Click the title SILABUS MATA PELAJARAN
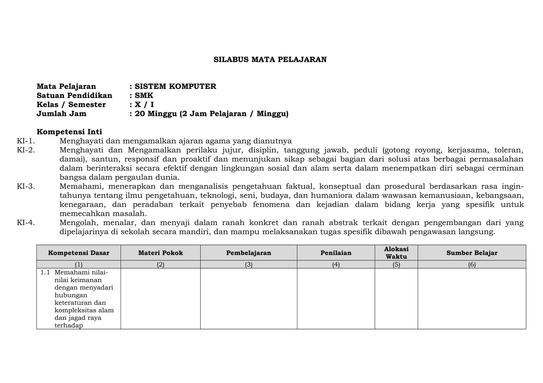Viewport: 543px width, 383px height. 270,60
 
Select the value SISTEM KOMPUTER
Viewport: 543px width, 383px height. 176,87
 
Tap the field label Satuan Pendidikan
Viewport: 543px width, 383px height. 75,96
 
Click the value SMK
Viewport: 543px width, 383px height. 144,96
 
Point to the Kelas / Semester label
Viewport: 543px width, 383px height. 71,105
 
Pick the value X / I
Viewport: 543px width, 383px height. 144,105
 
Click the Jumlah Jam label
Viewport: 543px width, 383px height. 62,114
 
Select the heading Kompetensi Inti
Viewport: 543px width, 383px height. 69,132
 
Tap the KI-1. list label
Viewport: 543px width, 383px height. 26,141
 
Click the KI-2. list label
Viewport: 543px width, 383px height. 26,150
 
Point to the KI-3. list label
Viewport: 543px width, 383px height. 26,186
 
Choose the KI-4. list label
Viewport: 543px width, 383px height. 26,223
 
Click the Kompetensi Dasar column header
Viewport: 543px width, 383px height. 79,253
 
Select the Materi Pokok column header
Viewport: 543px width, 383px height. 160,253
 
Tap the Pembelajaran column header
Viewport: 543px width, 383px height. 249,253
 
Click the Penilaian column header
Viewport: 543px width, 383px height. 336,253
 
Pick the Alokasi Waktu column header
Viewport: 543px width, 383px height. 396,253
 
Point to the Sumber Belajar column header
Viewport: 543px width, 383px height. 472,253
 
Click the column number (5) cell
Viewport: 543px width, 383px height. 396,264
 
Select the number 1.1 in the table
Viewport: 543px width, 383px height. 45,272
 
